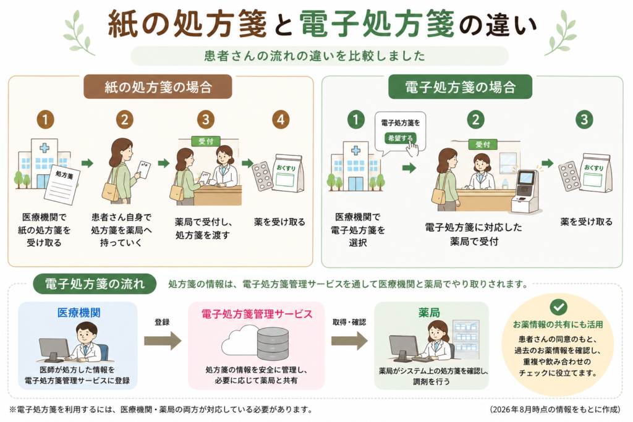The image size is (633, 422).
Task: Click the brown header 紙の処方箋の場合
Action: pyautogui.click(x=158, y=87)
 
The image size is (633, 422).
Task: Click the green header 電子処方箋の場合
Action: pyautogui.click(x=460, y=87)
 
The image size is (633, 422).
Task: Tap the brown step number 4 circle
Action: pyautogui.click(x=281, y=119)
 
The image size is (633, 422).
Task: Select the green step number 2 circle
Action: pyautogui.click(x=475, y=119)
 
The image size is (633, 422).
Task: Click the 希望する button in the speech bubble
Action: pyautogui.click(x=400, y=138)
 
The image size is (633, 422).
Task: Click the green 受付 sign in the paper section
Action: pyautogui.click(x=206, y=141)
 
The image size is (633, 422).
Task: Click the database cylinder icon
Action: pyautogui.click(x=273, y=343)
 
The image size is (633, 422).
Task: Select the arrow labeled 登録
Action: pyautogui.click(x=163, y=341)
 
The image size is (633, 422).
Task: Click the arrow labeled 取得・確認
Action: pyautogui.click(x=350, y=341)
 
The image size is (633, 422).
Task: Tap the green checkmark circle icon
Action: pyautogui.click(x=558, y=308)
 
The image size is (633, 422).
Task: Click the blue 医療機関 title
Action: pyautogui.click(x=79, y=313)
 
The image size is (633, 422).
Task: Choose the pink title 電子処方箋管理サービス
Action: pyautogui.click(x=257, y=314)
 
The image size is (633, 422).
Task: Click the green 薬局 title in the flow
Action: pyautogui.click(x=429, y=313)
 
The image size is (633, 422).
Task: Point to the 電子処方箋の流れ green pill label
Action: pyautogui.click(x=95, y=284)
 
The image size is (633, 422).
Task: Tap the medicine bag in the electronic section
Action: pyautogui.click(x=596, y=174)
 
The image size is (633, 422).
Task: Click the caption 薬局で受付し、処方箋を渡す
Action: pyautogui.click(x=203, y=229)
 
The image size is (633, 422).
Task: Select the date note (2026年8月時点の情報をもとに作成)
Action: pyautogui.click(x=555, y=410)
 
